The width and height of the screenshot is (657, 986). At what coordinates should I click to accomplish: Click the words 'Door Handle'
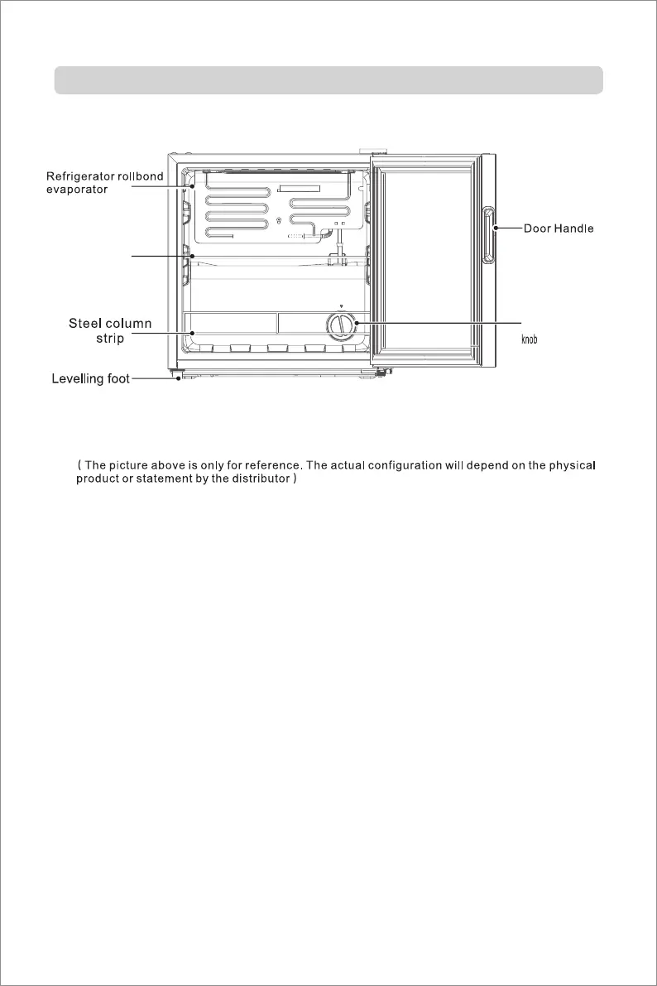click(x=559, y=228)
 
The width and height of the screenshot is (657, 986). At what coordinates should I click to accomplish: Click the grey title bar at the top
click(x=328, y=80)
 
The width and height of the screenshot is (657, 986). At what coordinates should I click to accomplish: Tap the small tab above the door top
click(x=377, y=152)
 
